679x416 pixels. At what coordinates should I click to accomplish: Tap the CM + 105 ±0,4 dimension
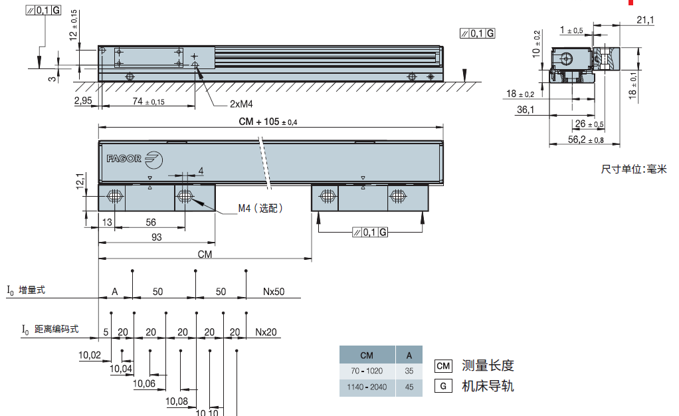click(x=268, y=122)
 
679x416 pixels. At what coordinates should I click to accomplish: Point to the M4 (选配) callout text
click(x=261, y=209)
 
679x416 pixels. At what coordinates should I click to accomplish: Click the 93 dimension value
click(x=156, y=237)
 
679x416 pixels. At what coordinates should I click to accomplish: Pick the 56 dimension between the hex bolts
click(x=151, y=222)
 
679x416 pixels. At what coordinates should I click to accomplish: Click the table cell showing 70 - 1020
click(x=367, y=370)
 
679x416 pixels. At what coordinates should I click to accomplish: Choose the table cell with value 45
click(x=409, y=386)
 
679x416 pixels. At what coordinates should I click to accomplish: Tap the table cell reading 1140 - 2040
click(x=367, y=386)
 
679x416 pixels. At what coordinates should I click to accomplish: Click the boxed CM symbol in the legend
click(x=443, y=365)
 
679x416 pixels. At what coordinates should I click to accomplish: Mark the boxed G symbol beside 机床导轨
click(x=443, y=386)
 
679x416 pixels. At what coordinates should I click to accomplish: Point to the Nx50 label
click(x=274, y=292)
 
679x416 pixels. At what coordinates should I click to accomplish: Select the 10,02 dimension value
click(x=90, y=356)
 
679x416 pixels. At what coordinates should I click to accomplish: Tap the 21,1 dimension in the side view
click(x=644, y=21)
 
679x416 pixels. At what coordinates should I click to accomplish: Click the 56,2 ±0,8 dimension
click(x=585, y=140)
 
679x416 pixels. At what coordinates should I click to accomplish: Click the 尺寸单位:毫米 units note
click(x=633, y=169)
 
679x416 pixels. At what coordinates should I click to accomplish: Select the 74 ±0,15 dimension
click(x=148, y=101)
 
